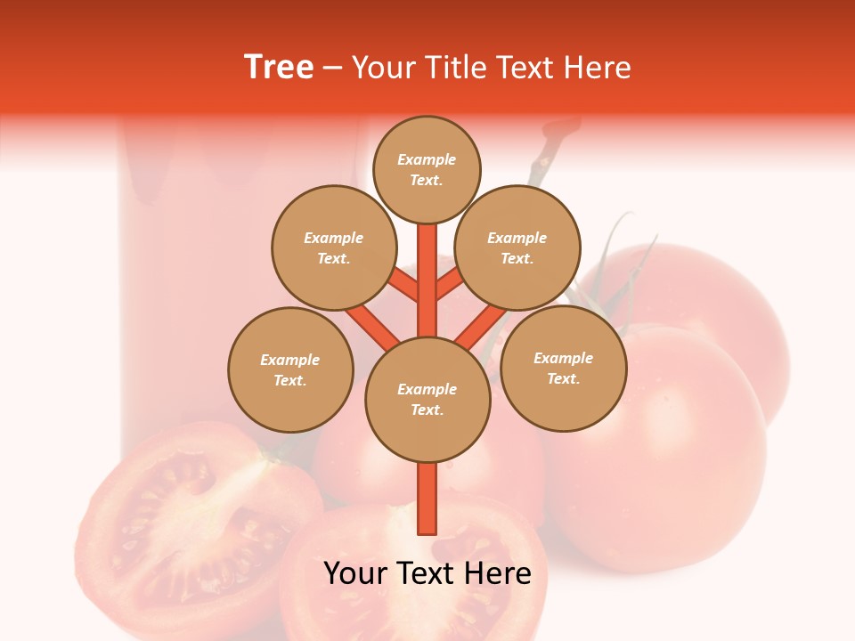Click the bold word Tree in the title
pos(279,68)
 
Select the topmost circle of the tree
pos(427,169)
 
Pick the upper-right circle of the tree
pos(517,247)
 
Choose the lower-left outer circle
pos(290,369)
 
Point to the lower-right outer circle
pos(563,368)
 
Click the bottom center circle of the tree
pos(427,400)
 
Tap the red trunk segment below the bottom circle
pos(427,499)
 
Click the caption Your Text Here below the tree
pos(427,573)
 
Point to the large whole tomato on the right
pos(659,445)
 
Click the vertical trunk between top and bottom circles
pos(427,280)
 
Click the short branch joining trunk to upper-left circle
pos(403,285)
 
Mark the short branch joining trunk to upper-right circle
pos(450,284)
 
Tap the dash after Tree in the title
pos(333,68)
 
